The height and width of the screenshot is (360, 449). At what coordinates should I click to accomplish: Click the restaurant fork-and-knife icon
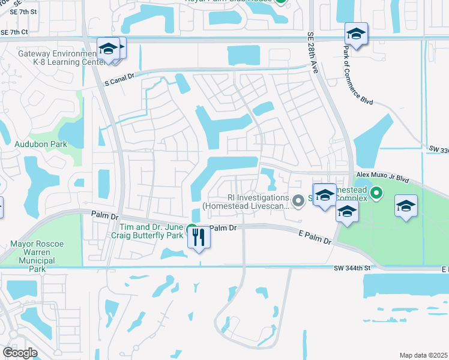click(x=199, y=238)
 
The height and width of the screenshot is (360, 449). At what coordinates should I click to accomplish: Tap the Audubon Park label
click(x=41, y=144)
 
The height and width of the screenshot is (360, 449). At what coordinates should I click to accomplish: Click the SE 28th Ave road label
click(x=313, y=52)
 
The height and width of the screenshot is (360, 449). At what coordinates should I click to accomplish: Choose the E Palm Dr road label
click(x=315, y=239)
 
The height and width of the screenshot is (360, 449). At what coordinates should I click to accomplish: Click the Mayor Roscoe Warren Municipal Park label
click(x=41, y=256)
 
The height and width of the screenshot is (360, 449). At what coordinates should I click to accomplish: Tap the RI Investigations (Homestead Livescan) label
click(x=246, y=201)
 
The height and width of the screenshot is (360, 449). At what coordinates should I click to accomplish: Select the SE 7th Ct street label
click(x=14, y=32)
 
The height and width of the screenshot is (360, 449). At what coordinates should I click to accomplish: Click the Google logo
click(x=20, y=353)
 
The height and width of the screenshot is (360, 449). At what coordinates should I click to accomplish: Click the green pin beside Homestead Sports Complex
click(x=376, y=193)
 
